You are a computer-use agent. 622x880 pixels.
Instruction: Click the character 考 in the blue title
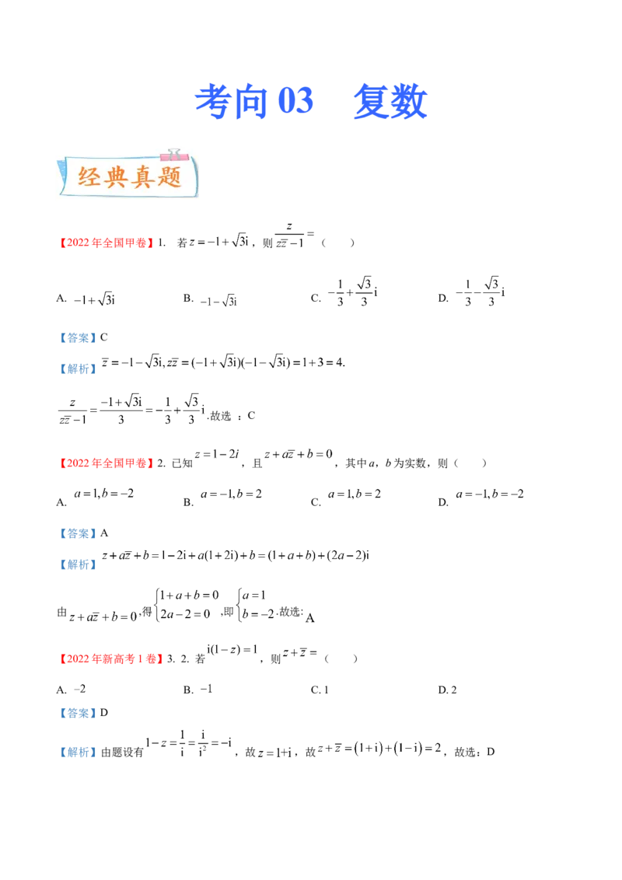(211, 103)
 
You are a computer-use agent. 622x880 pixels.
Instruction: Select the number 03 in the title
(295, 103)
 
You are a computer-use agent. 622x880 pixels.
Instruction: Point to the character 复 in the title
(369, 103)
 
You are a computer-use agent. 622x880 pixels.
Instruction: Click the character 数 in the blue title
(409, 103)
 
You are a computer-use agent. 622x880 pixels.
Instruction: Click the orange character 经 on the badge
(90, 178)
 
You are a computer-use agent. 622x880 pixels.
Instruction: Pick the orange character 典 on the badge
(117, 178)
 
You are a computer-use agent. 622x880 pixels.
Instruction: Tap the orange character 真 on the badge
(143, 178)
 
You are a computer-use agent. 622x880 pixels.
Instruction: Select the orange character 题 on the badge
(169, 178)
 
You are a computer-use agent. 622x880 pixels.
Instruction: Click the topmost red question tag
(106, 243)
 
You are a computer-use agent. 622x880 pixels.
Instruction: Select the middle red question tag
(106, 464)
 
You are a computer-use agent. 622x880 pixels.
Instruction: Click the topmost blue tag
(78, 338)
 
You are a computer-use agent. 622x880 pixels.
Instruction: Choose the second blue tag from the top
(78, 370)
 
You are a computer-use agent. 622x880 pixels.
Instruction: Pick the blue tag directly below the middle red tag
(78, 533)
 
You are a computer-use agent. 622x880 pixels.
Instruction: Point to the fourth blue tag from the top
(78, 564)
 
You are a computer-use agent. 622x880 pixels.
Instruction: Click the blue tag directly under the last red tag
(78, 712)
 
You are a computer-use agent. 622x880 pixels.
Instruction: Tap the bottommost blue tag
(78, 752)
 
